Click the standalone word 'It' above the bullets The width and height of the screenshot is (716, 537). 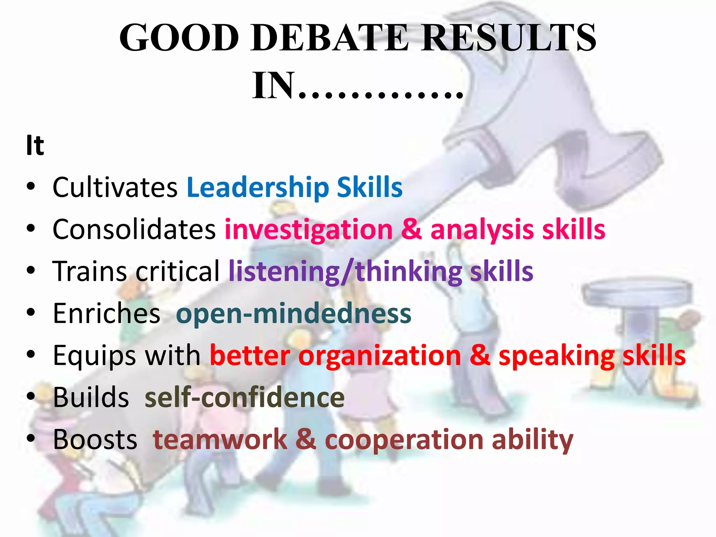tap(35, 145)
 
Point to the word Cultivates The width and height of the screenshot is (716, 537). tap(115, 187)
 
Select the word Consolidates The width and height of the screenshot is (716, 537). tap(134, 229)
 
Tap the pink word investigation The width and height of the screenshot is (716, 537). tap(309, 230)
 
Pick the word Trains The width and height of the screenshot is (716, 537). tap(90, 271)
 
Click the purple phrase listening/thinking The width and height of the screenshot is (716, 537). tap(345, 272)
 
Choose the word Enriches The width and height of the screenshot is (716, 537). tap(107, 313)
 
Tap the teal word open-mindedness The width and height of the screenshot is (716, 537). tap(294, 314)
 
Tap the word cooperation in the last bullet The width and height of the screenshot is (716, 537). tap(404, 440)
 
